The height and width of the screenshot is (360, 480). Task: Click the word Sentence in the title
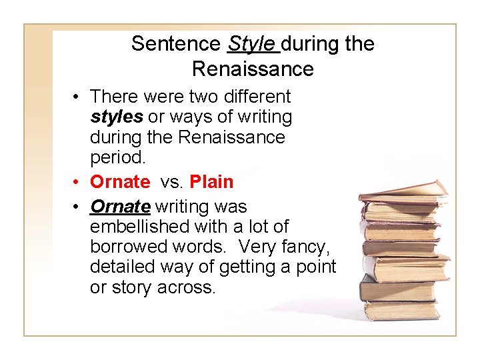175,44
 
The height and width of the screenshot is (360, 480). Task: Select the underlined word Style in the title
251,44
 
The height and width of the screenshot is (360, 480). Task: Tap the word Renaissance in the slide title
252,69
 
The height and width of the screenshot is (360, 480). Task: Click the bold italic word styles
116,117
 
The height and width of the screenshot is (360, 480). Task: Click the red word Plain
211,181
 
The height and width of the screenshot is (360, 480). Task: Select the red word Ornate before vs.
120,181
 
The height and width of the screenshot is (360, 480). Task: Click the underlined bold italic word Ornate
120,207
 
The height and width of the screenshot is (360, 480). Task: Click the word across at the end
187,288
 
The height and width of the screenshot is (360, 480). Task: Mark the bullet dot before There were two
78,97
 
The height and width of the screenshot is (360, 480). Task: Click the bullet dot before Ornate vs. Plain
78,182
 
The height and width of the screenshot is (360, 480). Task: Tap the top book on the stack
403,190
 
